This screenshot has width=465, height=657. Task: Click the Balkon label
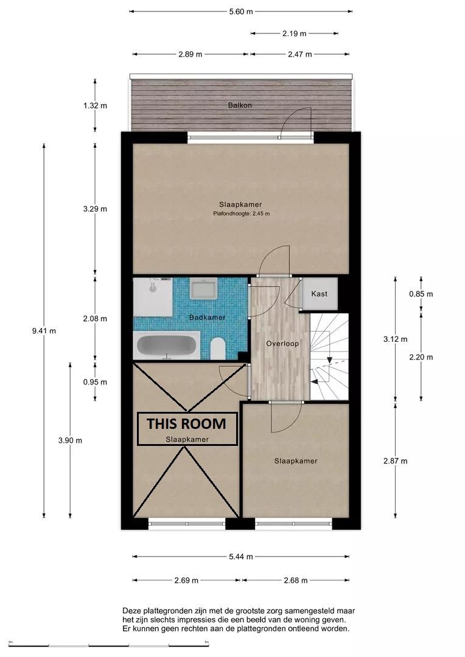point(240,105)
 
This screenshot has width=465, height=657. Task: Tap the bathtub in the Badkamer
point(167,346)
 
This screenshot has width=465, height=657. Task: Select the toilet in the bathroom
point(218,349)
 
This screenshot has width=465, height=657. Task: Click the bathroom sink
point(203,288)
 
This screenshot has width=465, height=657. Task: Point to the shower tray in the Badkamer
point(153,297)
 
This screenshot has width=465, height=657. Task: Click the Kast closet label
point(319,294)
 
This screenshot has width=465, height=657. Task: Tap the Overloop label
point(282,344)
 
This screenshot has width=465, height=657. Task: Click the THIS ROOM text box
point(187,429)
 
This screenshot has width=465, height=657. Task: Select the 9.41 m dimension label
point(44,330)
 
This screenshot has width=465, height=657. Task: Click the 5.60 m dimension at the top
point(241,12)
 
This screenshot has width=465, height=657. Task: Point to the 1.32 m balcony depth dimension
point(95,106)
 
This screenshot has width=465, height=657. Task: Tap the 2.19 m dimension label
point(295,33)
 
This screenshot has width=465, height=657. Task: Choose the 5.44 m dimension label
point(241,557)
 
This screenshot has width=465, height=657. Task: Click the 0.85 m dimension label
point(421,294)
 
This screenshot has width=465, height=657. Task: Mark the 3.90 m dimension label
point(70,440)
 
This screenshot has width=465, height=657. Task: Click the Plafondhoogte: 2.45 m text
point(241,214)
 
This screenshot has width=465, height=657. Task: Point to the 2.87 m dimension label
point(396,461)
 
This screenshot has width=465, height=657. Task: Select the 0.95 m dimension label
point(95,381)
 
